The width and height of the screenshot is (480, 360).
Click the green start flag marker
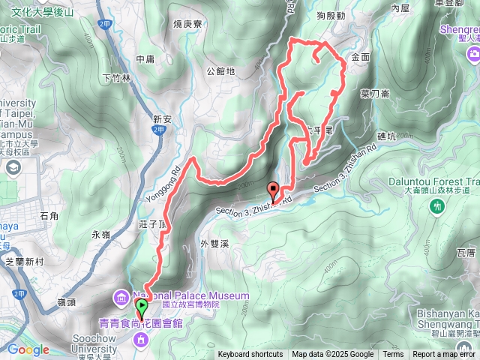(x=141, y=307)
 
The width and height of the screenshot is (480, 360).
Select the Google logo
(x=28, y=349)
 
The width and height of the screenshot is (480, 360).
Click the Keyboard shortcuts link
(x=250, y=355)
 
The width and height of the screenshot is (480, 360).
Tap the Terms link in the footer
(x=393, y=355)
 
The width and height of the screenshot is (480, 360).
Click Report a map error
(x=445, y=355)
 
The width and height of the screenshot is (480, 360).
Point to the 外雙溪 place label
(x=214, y=243)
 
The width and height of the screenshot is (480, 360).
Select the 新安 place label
(x=163, y=118)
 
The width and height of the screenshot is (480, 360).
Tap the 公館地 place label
(x=220, y=72)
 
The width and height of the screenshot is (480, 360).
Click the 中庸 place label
(x=145, y=59)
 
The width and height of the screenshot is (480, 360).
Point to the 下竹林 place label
(x=116, y=77)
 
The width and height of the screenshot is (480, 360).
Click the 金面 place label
(x=360, y=56)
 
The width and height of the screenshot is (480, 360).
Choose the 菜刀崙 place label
(x=374, y=94)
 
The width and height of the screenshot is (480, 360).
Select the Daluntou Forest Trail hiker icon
(x=438, y=206)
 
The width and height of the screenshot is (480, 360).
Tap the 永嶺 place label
(x=100, y=235)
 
